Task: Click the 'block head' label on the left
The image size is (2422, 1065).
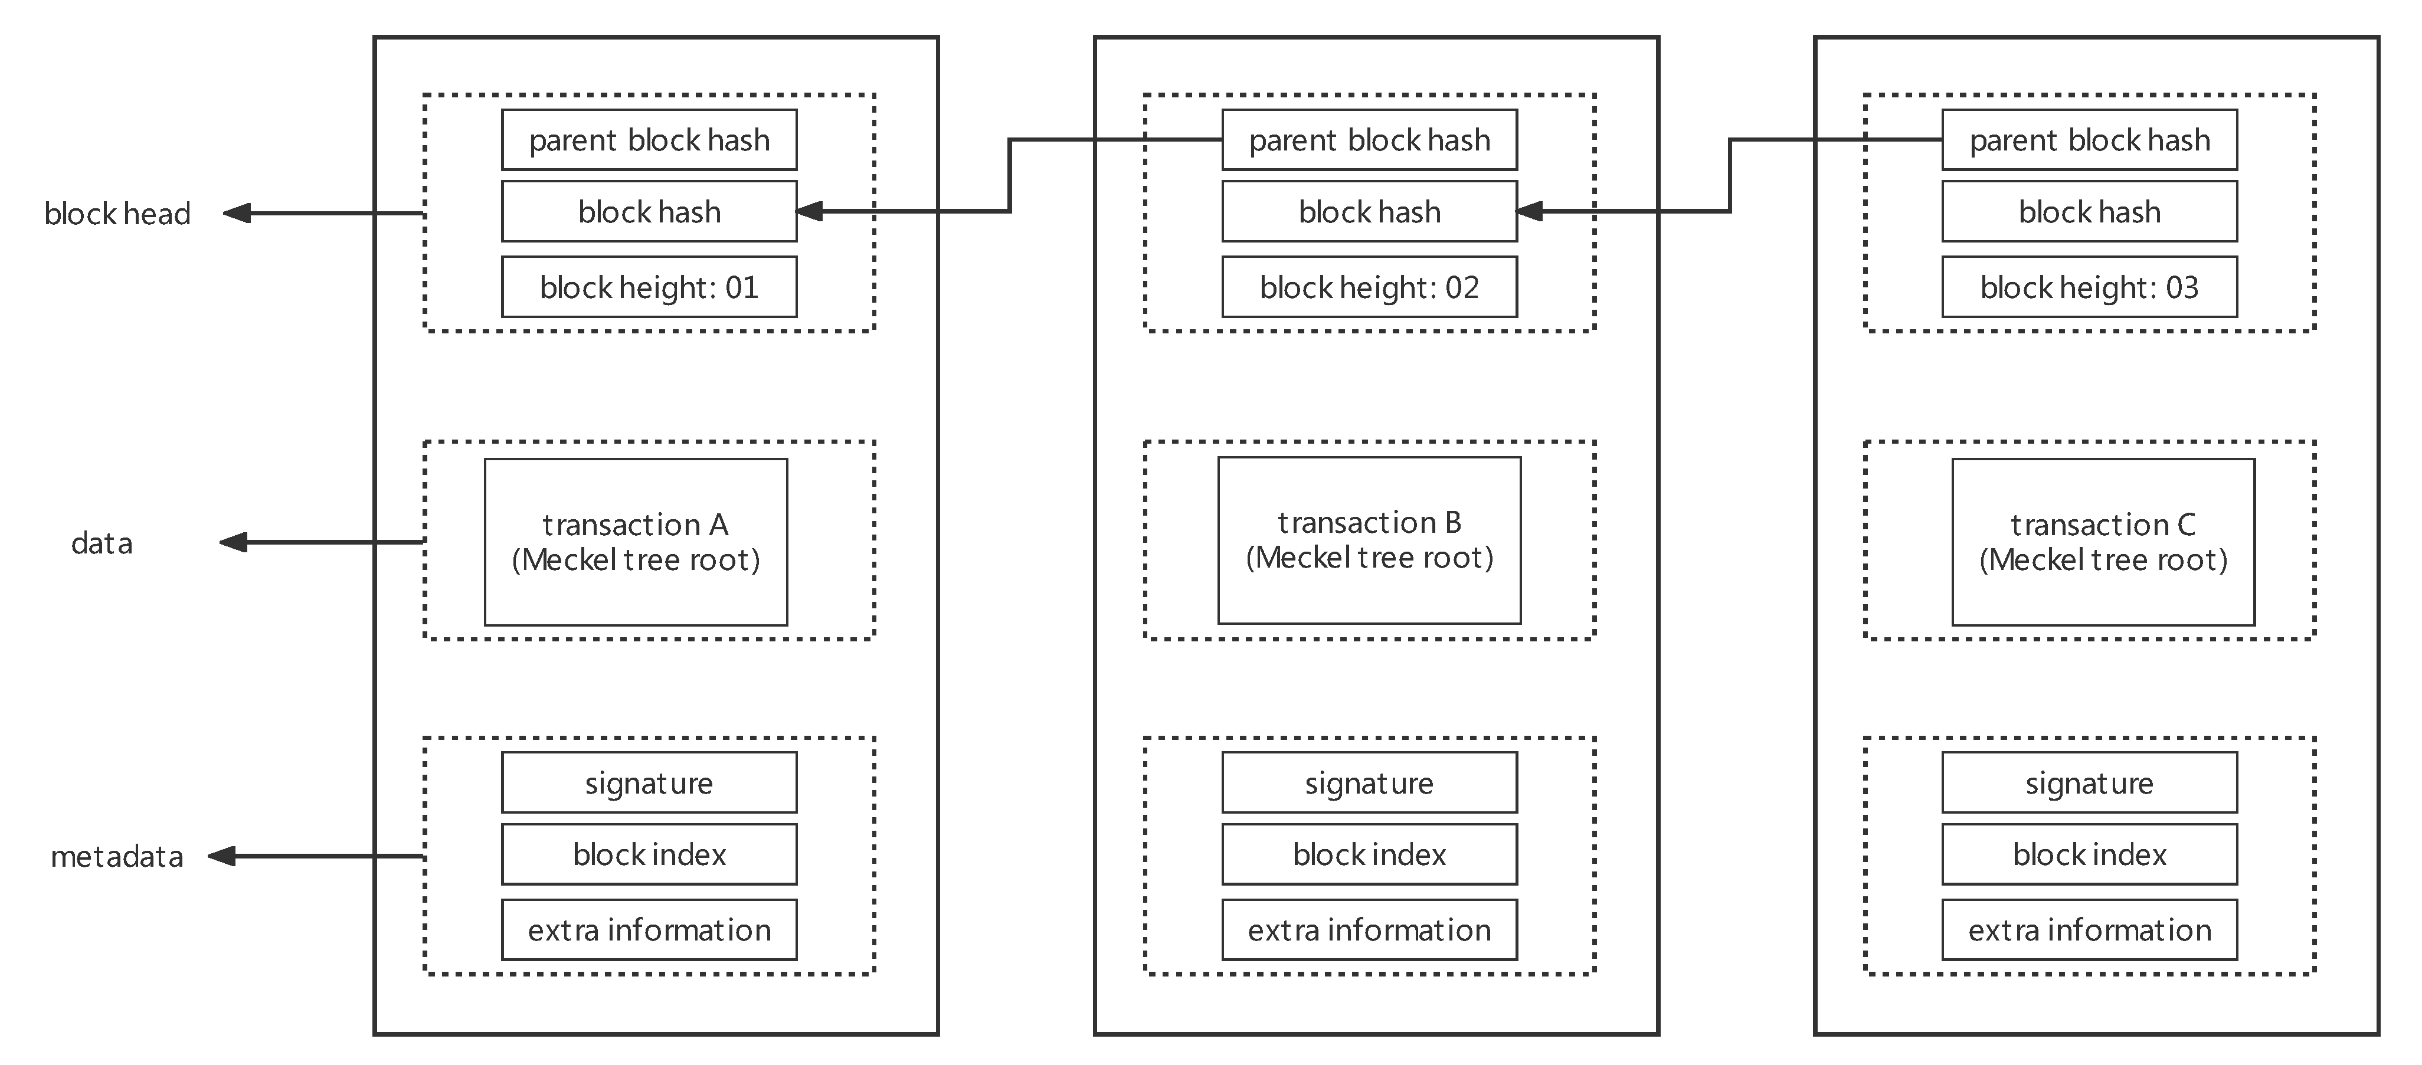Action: point(117,214)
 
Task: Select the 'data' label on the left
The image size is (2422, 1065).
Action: point(102,543)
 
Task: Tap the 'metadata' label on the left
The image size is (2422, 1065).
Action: point(117,856)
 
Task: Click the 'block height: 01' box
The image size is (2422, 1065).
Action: point(649,287)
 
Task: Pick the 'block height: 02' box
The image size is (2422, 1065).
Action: point(1369,287)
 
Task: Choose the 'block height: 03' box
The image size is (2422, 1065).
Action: point(2089,287)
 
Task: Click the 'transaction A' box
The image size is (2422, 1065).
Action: point(636,542)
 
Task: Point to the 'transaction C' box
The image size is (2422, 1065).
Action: point(2103,542)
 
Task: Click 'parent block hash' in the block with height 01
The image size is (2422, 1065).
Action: point(649,140)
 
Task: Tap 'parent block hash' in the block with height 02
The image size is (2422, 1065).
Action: point(1369,140)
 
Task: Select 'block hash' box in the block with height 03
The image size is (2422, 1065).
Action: point(2089,211)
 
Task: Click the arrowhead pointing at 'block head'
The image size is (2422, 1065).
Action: point(237,214)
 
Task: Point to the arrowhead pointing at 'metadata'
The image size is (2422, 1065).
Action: point(222,856)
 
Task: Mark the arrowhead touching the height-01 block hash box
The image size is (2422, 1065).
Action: point(810,211)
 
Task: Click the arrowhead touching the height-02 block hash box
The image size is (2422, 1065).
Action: point(1531,211)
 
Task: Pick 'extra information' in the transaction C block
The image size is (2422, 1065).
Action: point(2089,930)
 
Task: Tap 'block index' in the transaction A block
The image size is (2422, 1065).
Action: point(649,854)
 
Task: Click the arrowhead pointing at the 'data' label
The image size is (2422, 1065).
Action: point(233,542)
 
